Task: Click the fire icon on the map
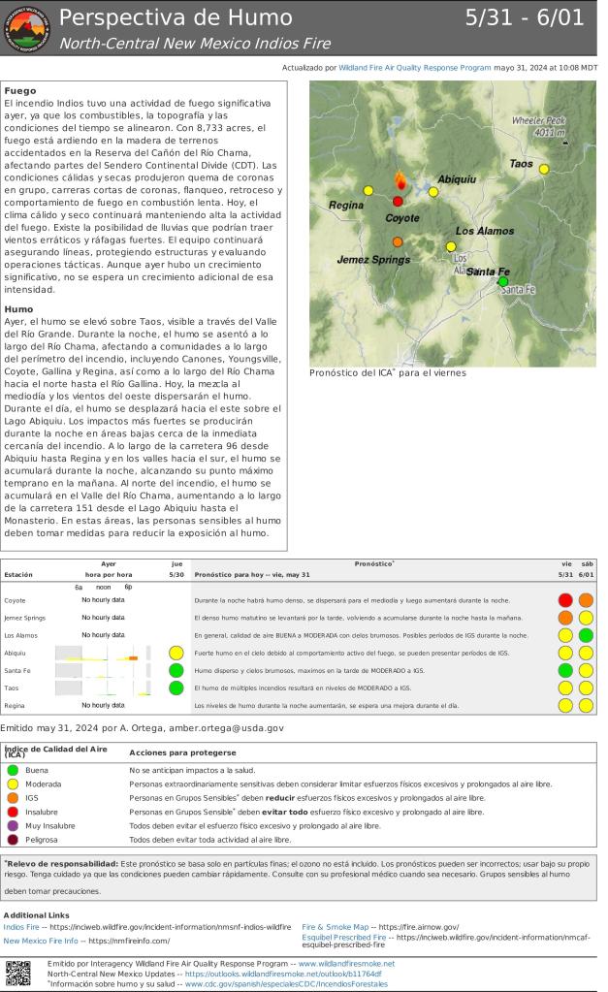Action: [400, 180]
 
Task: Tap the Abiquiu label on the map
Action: [457, 179]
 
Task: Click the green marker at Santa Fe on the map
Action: [502, 281]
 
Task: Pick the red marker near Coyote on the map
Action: [398, 202]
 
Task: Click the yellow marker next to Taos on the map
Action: [544, 169]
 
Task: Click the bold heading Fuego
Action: [20, 89]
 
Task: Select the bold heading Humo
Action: [20, 309]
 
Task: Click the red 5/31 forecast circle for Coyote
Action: [565, 600]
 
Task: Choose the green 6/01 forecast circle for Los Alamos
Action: [587, 635]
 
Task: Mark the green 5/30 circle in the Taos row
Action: [176, 688]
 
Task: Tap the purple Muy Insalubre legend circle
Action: [13, 825]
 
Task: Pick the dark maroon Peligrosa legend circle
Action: [13, 840]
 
